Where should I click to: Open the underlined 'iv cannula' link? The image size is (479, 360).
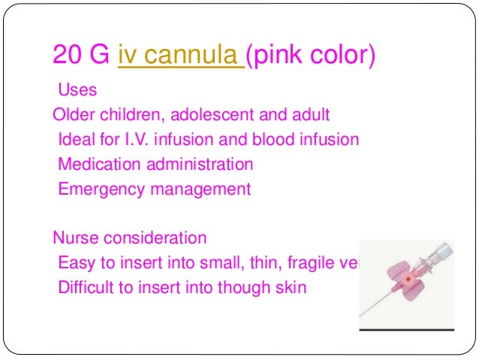tap(180, 55)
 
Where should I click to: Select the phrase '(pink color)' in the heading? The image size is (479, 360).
tap(310, 55)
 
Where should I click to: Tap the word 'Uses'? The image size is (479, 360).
tap(77, 91)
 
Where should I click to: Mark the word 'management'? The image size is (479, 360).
tap(201, 189)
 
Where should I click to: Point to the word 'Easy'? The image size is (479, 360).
tap(76, 262)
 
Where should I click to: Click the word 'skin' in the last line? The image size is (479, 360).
tap(291, 287)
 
